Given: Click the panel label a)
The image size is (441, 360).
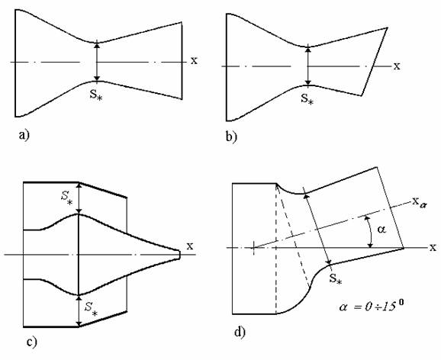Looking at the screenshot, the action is coord(24,135).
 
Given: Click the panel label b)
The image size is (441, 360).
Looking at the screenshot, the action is coord(231,137).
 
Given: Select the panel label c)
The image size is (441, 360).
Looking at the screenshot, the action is coord(31,342).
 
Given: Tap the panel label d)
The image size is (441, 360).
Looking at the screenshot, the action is coord(240,332).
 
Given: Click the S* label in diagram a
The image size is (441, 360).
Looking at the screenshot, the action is coord(96,95).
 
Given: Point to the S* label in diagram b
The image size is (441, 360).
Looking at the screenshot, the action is coord(307,98).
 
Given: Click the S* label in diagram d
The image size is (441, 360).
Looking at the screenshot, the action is coord(336,279).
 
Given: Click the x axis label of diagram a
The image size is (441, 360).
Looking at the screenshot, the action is coord(194,60).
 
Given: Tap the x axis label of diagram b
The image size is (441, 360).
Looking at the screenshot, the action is coord(397,66).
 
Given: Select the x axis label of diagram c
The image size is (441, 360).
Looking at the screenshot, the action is coord(190,246).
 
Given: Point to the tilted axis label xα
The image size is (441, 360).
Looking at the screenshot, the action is coord(418,202).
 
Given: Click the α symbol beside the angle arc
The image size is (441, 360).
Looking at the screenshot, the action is coord(381,230).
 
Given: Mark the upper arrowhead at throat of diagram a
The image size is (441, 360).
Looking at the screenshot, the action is coord(97,44).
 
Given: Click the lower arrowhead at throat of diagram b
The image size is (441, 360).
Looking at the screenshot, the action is coord(308,82).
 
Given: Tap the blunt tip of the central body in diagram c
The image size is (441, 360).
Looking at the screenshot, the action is coord(179,255).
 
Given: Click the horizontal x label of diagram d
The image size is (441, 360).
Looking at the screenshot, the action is coord(433,247).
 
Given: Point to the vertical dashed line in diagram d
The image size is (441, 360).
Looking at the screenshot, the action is coord(276,249).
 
